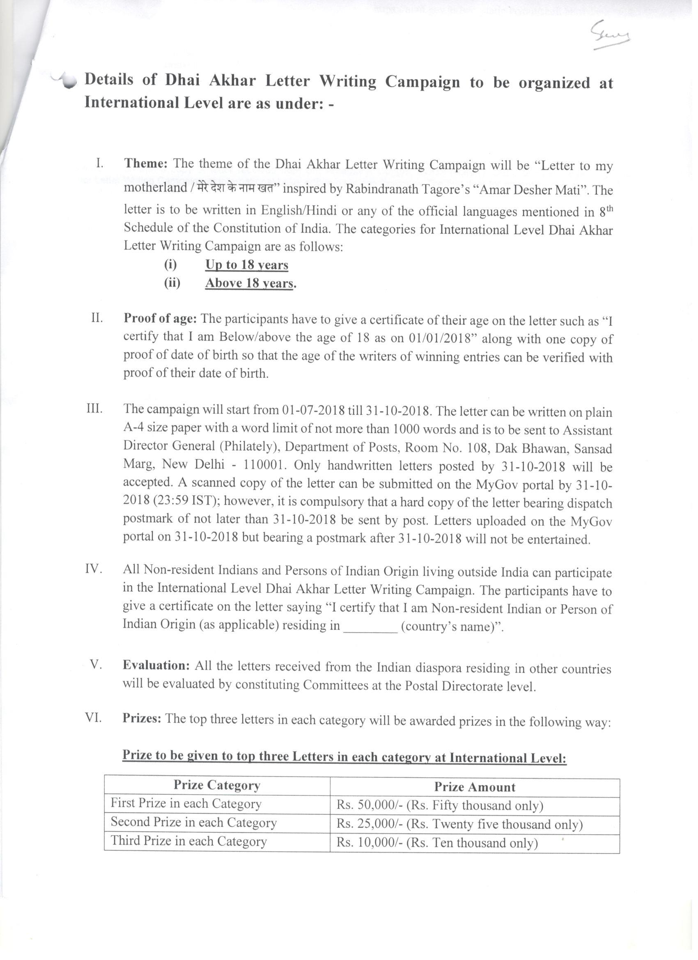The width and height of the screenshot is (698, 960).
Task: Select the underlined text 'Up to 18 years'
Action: tap(247, 265)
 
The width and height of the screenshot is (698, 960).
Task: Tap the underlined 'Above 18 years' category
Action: tap(249, 284)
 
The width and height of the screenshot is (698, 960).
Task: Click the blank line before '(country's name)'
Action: tap(371, 627)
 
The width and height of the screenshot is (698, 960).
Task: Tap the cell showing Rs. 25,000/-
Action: tap(460, 824)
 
